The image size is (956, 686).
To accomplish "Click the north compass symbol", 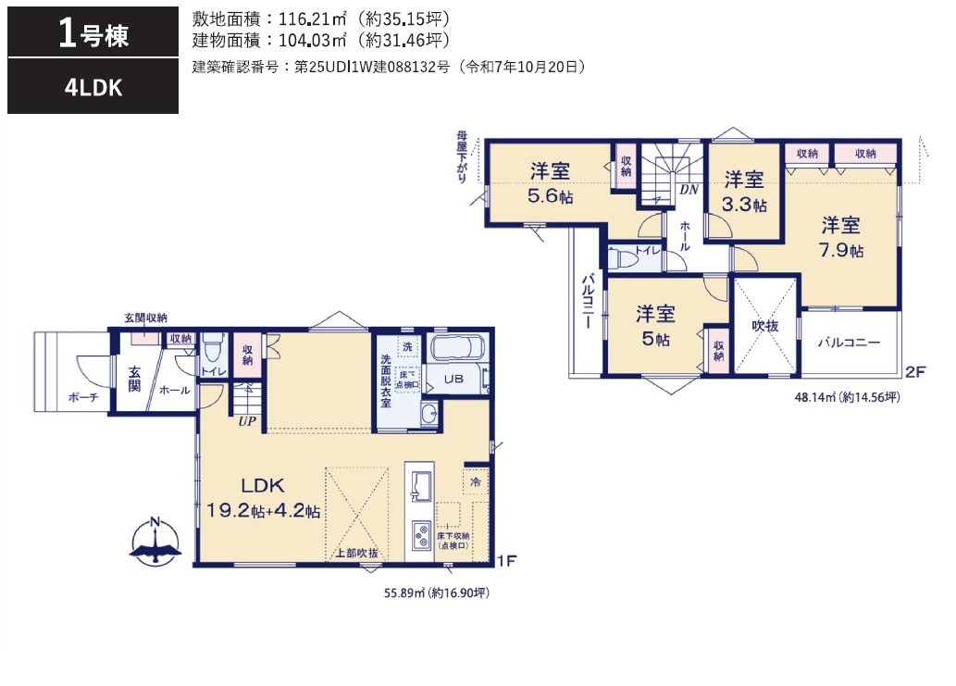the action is tap(155, 541).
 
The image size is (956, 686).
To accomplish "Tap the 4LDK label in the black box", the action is tap(93, 88).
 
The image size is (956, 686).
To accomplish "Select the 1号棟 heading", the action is tap(93, 33).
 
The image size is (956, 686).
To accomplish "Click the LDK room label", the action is tap(263, 485).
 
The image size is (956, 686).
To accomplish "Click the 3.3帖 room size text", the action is tap(744, 205).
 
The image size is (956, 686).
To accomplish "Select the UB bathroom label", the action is tap(453, 379).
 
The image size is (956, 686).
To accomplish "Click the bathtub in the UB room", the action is tap(457, 348).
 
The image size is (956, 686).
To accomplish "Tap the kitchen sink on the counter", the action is tap(420, 485).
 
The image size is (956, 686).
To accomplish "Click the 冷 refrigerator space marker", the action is tap(476, 481).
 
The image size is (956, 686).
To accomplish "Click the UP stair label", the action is tap(247, 421).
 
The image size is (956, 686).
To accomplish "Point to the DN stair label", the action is tap(689, 190).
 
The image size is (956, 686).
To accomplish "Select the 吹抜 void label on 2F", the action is tap(764, 326).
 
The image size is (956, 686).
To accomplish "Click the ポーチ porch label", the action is tap(83, 397).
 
